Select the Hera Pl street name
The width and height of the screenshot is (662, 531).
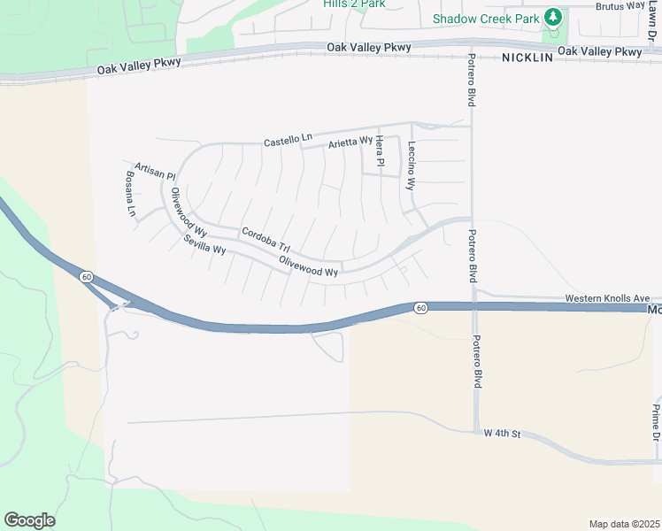coord(380,151)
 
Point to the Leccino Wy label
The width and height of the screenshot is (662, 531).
coord(411,166)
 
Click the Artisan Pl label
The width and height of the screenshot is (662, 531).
coord(156,170)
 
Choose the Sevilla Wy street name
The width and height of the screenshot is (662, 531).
coord(205,245)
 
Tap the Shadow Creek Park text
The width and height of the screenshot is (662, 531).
coord(486,19)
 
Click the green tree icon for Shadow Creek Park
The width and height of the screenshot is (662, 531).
coord(553,17)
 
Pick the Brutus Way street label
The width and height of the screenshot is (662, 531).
coord(620,5)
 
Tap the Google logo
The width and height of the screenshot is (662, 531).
coord(29,520)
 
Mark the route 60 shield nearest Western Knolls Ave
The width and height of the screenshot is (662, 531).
coord(420,307)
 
